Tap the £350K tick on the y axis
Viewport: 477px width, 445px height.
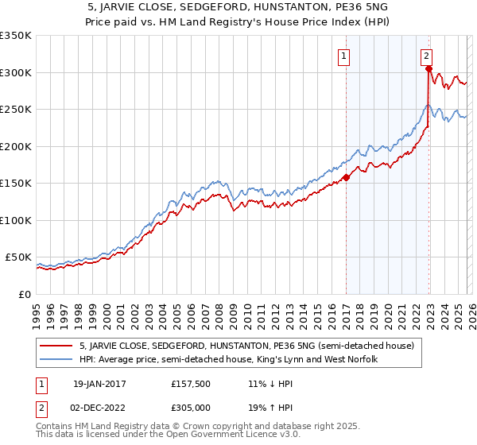16,36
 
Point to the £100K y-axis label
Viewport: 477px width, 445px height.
16,220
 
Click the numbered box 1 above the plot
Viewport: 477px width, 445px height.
344,56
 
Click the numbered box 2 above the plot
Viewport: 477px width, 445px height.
427,56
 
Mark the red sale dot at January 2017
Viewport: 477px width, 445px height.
347,178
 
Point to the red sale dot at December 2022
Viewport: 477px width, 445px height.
429,69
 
